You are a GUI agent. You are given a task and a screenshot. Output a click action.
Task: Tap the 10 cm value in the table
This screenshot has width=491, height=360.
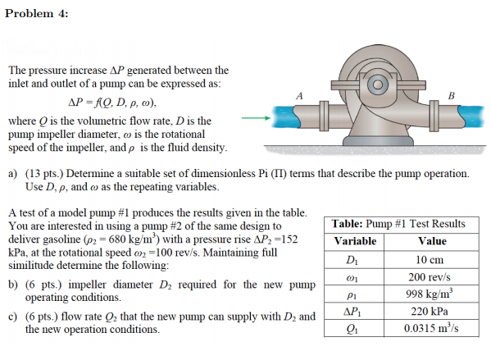click(431, 259)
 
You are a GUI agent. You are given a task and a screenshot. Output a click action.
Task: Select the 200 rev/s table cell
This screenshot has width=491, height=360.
click(431, 277)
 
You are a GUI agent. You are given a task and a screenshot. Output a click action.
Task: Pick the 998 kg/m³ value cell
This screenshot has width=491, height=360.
click(431, 294)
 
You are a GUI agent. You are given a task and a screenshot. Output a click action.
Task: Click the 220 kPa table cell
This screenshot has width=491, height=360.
click(431, 312)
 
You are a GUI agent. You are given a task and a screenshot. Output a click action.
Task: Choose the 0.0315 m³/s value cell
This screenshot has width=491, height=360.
click(431, 330)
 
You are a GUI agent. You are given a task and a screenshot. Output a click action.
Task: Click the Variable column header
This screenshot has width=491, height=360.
click(355, 241)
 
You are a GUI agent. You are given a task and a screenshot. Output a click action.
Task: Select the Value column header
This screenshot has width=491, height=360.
click(431, 241)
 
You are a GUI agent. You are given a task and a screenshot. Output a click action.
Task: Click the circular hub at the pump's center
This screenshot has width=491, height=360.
click(378, 84)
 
